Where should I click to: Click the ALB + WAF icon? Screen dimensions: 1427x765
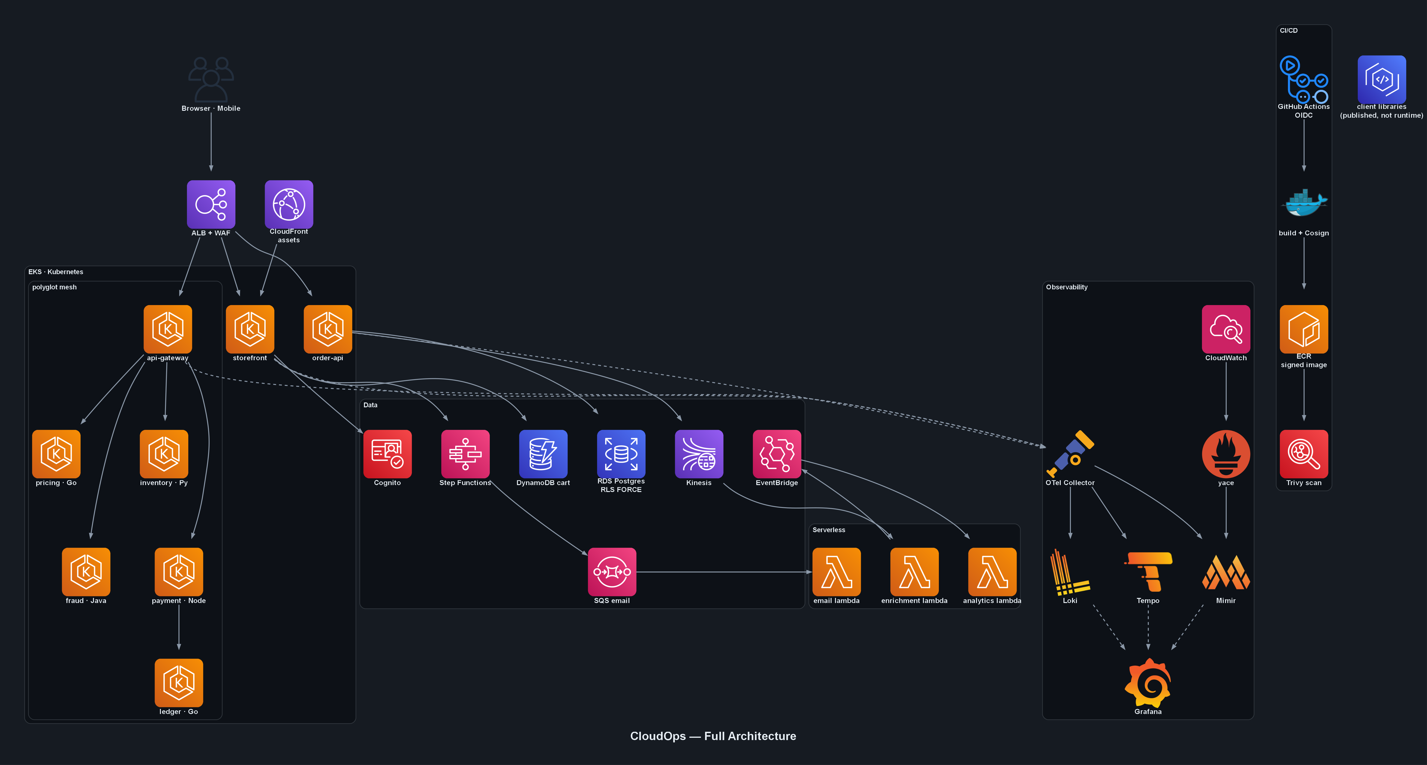pos(211,204)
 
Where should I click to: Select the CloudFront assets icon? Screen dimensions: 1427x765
pos(289,204)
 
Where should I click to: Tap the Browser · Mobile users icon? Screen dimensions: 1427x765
pos(211,79)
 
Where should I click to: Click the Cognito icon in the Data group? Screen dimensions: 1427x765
pos(387,454)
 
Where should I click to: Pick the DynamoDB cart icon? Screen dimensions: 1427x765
pos(543,454)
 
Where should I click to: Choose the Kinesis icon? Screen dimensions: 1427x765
pos(699,454)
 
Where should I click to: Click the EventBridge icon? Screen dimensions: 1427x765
pos(777,454)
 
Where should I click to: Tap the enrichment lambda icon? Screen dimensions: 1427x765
pos(914,572)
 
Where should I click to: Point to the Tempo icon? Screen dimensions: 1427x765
pos(1148,572)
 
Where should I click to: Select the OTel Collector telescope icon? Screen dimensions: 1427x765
pos(1070,454)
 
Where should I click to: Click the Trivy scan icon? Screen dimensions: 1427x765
pos(1304,454)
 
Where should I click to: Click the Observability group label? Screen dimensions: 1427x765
pos(1066,287)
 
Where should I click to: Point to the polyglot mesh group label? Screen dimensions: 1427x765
pos(54,287)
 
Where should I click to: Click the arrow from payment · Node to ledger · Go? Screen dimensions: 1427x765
pos(178,627)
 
